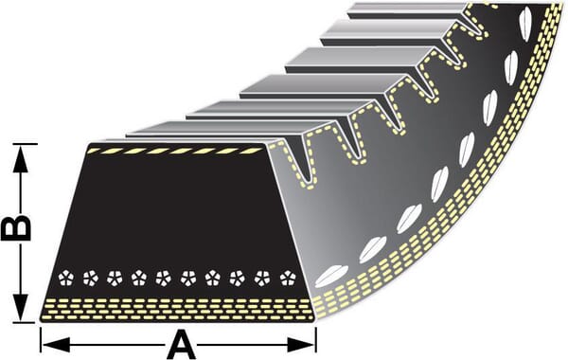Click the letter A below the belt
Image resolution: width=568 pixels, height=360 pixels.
pos(180,342)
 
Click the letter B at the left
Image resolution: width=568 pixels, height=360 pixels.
pos(16,227)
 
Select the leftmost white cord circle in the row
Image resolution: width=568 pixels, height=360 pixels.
pos(65,278)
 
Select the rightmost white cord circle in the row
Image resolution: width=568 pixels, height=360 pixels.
pos(287,278)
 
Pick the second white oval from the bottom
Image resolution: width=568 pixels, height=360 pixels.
pos(372,248)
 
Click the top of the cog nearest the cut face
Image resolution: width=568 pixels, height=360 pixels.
pos(199,128)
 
